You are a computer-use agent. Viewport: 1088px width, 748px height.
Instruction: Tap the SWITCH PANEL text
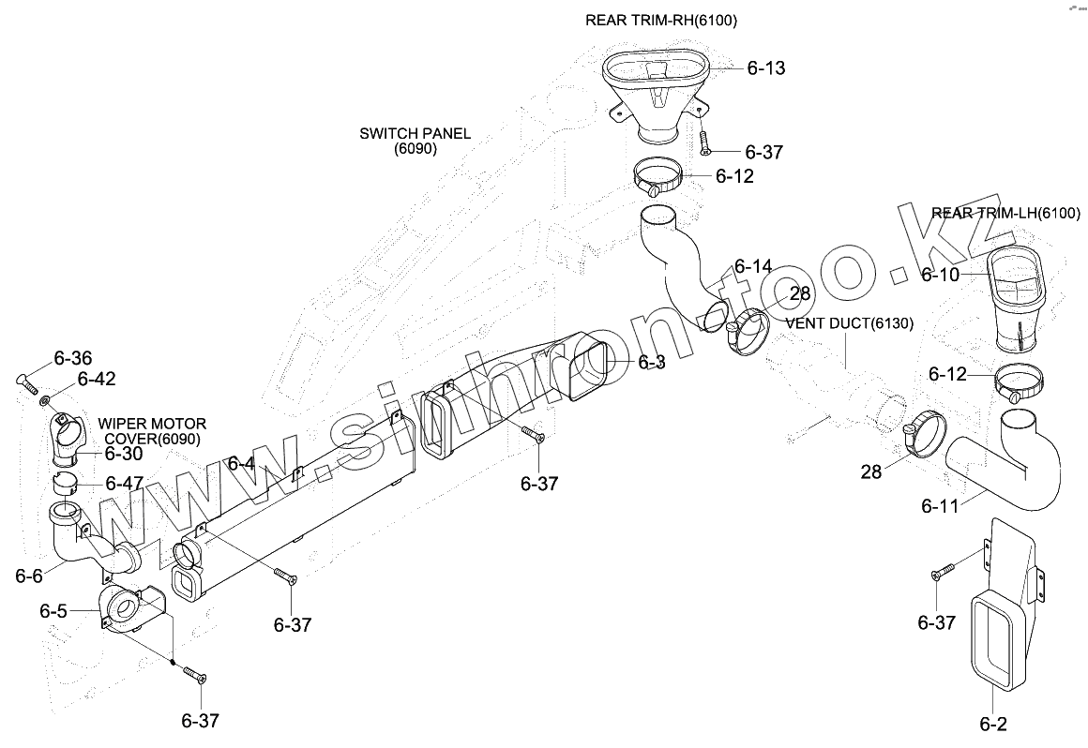coord(415,133)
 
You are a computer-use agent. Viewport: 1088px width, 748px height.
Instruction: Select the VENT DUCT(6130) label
coord(850,323)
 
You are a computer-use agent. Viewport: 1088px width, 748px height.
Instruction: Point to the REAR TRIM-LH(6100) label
coord(1005,213)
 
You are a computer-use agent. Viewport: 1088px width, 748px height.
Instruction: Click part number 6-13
coord(765,68)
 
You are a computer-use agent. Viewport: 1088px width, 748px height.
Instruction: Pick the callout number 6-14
coord(753,266)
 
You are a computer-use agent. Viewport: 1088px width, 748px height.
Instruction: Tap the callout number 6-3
coord(651,362)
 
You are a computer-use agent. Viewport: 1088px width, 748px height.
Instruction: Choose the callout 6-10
coord(940,275)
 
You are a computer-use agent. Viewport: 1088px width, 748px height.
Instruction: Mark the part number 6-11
coord(940,507)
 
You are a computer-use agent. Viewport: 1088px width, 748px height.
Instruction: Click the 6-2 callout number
coord(993,724)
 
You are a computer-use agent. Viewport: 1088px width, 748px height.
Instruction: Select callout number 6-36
coord(73,358)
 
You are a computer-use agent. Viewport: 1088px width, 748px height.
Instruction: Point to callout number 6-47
coord(124,484)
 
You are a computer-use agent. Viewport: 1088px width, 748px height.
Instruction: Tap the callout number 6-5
coord(53,611)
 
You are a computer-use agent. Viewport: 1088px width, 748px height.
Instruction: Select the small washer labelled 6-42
coord(45,401)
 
